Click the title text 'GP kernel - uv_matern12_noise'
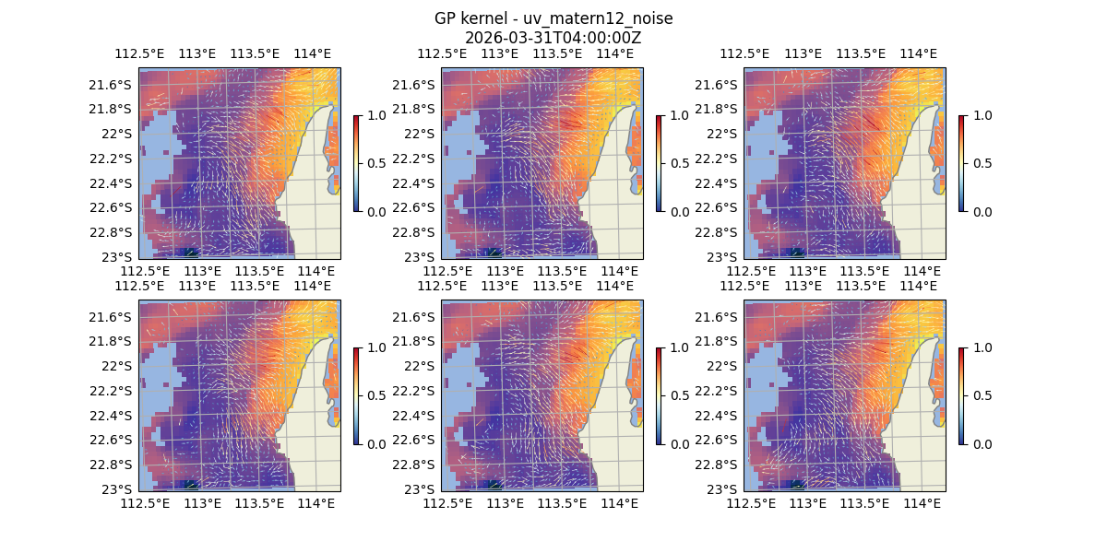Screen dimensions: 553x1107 pos(553,18)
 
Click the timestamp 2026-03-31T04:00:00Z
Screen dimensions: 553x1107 pos(553,38)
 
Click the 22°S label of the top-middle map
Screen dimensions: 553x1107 pos(423,134)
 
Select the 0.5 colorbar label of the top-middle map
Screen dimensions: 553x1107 pos(678,163)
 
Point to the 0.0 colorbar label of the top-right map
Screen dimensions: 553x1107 pos(981,211)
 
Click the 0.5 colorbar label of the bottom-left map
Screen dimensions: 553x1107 pos(375,395)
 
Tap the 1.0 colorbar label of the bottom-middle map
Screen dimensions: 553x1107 pos(678,347)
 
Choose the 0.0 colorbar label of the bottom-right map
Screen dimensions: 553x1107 pos(981,443)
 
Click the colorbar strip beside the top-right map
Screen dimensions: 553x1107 pos(962,163)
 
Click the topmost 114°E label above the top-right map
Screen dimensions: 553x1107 pos(918,53)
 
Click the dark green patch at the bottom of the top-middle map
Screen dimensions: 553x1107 pos(493,253)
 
